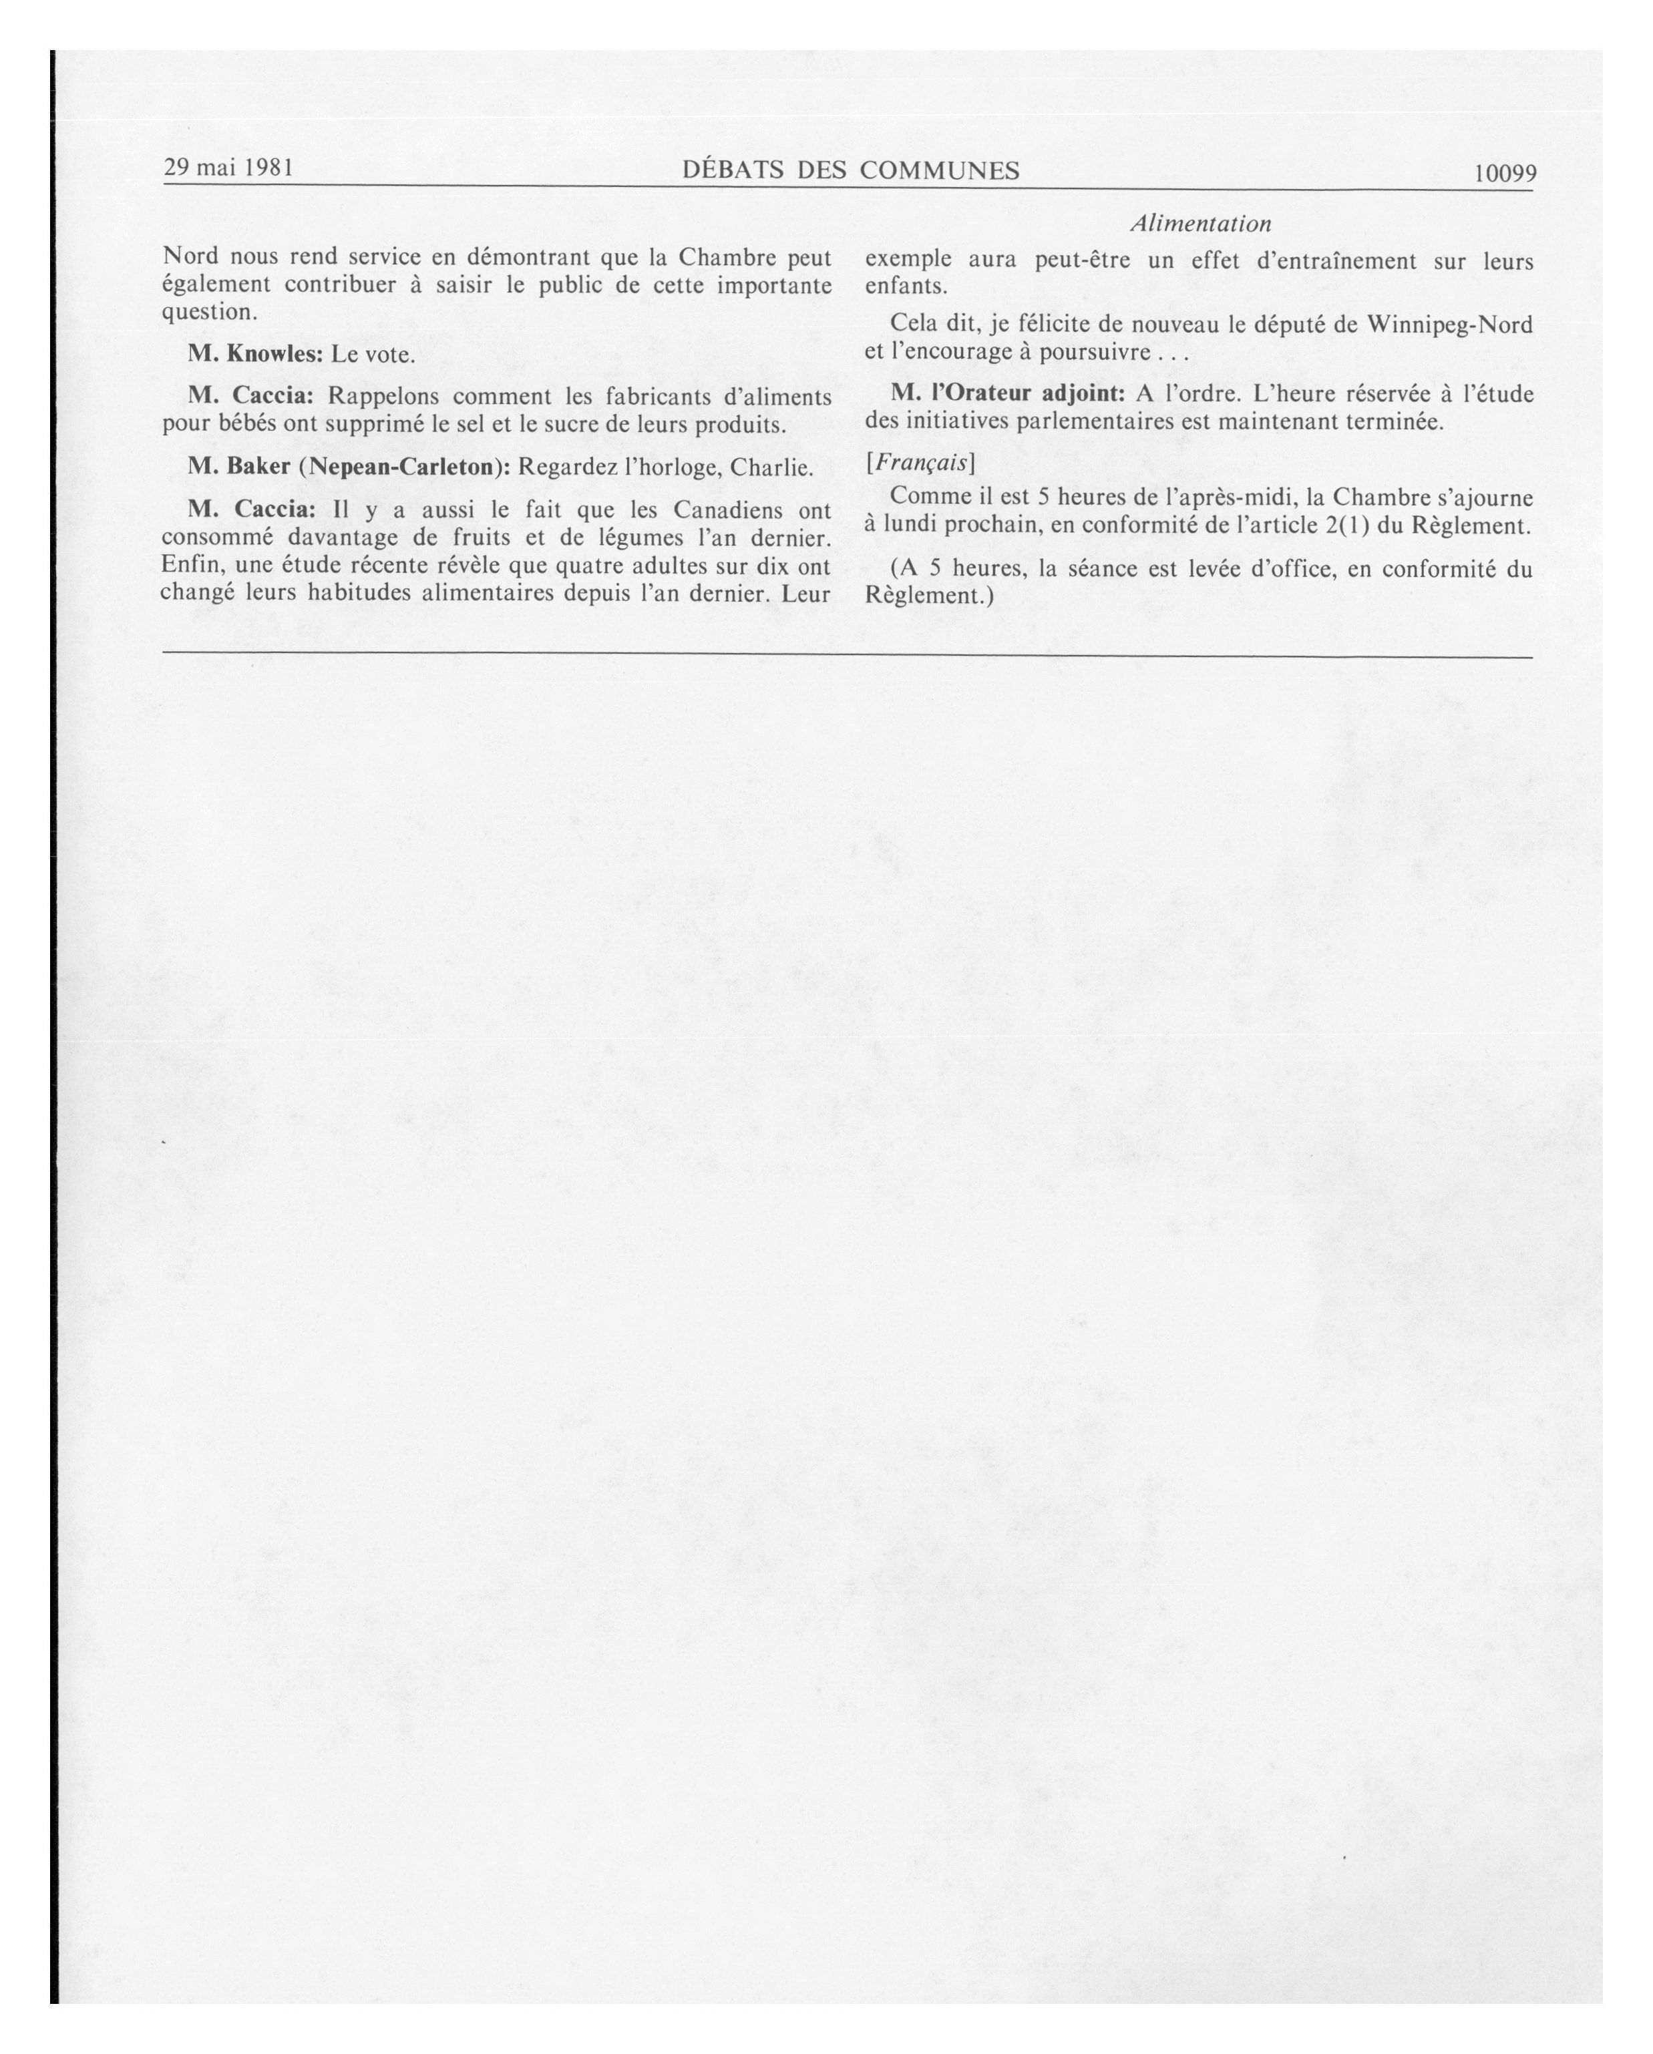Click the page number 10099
[x=1503, y=174]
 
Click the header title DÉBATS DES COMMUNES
[x=851, y=170]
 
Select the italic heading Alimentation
[x=1200, y=224]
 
